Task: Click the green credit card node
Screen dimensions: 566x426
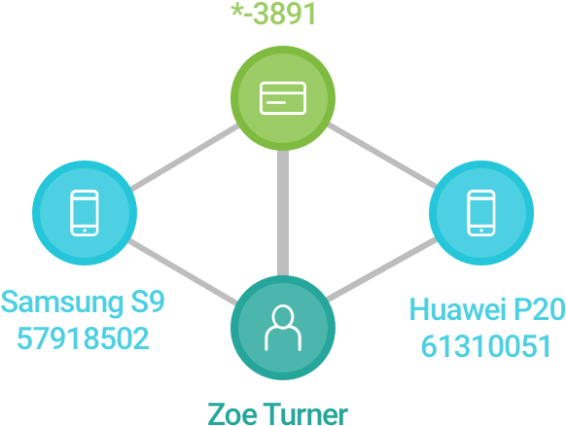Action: pos(283,98)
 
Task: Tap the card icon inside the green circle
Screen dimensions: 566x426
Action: pos(283,98)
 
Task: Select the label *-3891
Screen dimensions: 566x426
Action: pos(273,14)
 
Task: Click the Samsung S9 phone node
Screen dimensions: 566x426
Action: pos(85,213)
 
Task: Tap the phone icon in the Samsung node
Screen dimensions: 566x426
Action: pos(85,213)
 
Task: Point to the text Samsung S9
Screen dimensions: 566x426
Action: pos(83,302)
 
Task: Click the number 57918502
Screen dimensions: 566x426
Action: pos(83,338)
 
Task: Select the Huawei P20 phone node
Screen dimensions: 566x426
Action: pos(481,213)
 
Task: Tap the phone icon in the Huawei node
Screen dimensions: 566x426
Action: pos(481,213)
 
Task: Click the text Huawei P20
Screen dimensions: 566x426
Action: pos(487,309)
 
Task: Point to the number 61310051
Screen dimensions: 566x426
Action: pos(486,346)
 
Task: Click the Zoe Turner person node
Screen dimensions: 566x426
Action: pos(283,328)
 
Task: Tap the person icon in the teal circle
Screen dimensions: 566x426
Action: pos(283,328)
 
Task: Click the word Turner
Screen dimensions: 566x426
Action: pos(305,414)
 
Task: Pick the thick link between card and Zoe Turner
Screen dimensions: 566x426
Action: pos(283,213)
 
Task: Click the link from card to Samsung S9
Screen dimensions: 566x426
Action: pos(184,157)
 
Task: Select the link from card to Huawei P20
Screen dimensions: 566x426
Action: pos(382,156)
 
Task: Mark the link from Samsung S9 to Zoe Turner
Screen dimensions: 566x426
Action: pos(183,271)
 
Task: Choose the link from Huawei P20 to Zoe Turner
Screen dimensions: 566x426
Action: pos(382,269)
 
